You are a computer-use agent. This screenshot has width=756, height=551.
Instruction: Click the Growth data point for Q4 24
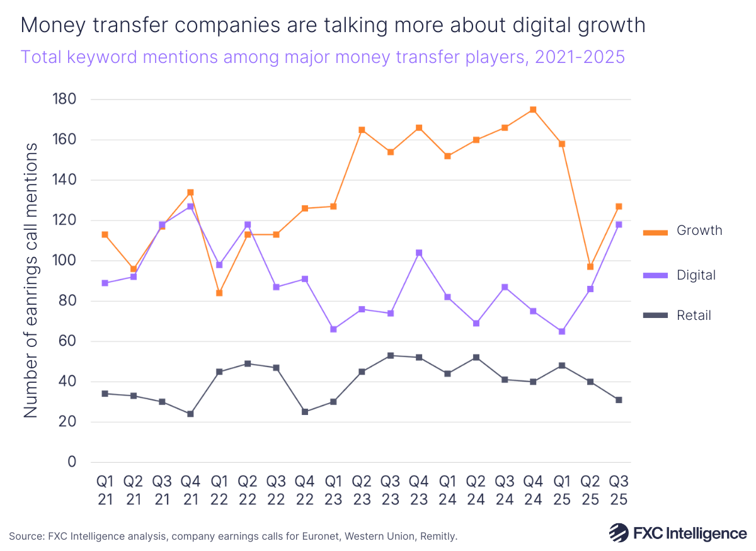click(533, 110)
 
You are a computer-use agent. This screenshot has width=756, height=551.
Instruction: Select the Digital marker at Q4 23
click(419, 253)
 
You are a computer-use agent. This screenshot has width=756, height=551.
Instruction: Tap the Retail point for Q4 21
click(190, 414)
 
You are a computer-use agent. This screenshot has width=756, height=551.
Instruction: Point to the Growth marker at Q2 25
click(590, 267)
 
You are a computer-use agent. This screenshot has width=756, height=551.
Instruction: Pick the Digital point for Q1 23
click(333, 329)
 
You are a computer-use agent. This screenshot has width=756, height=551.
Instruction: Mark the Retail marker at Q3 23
click(391, 356)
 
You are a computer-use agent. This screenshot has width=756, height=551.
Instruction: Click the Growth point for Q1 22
click(219, 293)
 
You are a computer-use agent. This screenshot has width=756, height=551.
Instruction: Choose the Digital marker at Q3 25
click(619, 224)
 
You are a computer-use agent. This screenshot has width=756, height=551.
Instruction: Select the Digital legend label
click(696, 275)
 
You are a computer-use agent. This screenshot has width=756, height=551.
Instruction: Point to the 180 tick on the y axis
click(63, 99)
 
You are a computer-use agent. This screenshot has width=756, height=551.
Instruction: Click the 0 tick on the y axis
click(71, 462)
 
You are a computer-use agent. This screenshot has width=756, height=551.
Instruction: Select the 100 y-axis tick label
click(63, 261)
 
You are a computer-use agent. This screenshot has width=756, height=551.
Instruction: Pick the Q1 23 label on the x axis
click(333, 490)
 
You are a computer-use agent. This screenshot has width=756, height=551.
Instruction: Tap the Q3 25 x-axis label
click(619, 490)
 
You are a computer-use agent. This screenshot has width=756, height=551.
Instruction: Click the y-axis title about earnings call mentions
click(31, 280)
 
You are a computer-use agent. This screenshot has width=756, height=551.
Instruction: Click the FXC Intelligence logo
click(677, 533)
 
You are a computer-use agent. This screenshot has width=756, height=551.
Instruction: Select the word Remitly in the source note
click(437, 537)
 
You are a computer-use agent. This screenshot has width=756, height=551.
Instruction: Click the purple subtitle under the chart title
click(323, 57)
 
